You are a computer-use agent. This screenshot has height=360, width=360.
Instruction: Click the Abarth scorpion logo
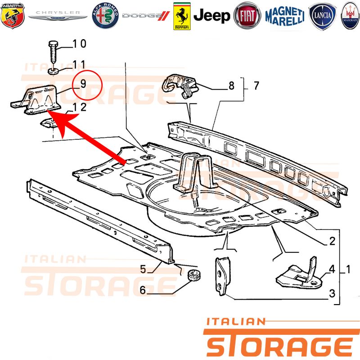click(13, 16)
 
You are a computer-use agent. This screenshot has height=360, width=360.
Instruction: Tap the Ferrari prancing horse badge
click(182, 16)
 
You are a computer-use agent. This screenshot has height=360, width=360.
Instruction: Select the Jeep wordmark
click(211, 16)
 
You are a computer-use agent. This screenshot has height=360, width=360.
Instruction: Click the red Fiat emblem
click(247, 16)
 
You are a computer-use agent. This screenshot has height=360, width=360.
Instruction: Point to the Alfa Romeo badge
click(105, 16)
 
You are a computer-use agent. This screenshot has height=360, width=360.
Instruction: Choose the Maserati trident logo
click(351, 16)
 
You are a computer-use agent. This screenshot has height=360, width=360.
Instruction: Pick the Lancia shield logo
click(323, 16)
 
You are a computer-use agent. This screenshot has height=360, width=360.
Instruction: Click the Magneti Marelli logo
click(285, 16)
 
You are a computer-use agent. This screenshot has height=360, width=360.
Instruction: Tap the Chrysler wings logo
click(58, 15)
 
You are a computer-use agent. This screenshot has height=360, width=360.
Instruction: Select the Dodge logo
click(146, 16)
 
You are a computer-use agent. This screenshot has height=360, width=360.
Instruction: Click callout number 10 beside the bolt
click(80, 44)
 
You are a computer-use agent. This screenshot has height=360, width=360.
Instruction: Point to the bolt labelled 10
click(53, 52)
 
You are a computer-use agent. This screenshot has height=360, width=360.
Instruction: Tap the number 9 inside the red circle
click(83, 84)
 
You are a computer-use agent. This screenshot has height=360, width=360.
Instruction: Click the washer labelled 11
click(53, 71)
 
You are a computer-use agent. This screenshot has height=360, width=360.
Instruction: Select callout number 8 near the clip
click(231, 86)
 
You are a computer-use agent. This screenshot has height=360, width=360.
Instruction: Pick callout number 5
click(143, 269)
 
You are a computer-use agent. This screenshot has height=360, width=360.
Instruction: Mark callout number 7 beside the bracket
click(256, 85)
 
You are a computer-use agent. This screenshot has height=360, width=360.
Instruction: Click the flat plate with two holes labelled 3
click(222, 276)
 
